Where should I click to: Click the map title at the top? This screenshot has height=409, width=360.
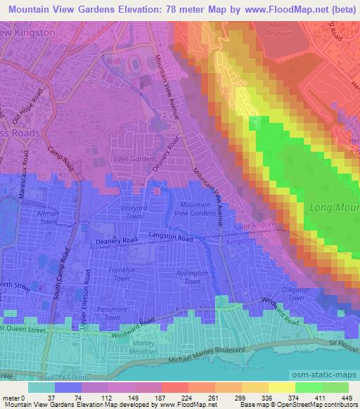click(180, 9)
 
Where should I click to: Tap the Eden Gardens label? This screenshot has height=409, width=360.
click(134, 160)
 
